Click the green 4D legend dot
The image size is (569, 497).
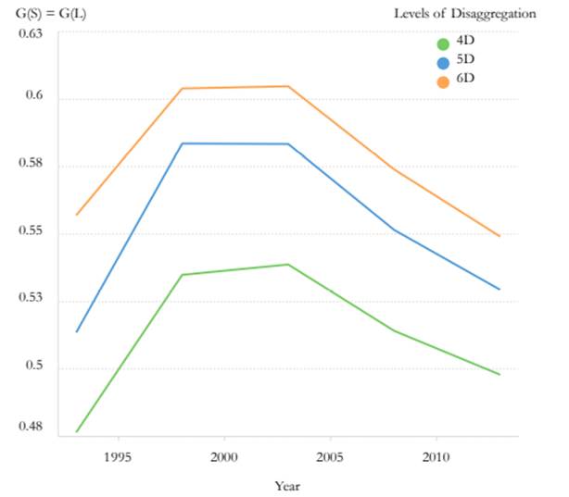tap(442, 43)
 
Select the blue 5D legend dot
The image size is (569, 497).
tap(442, 62)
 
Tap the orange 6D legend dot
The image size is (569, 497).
tap(442, 81)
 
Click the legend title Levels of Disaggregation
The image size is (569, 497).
tap(464, 13)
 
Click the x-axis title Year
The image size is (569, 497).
tap(287, 485)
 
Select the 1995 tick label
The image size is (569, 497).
tap(118, 456)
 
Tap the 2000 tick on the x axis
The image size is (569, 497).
tap(224, 456)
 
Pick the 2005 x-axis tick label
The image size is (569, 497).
tap(331, 456)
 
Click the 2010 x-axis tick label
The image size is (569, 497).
tap(436, 456)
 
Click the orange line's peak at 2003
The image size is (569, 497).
tap(289, 86)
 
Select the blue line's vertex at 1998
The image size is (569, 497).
tap(183, 143)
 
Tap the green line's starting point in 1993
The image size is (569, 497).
tap(76, 431)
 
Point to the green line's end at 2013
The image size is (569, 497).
tap(500, 375)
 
